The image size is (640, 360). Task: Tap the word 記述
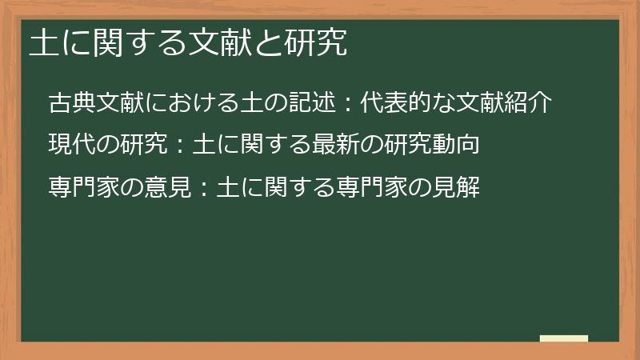pyautogui.click(x=312, y=104)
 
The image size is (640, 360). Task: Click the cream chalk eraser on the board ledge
pyautogui.click(x=564, y=338)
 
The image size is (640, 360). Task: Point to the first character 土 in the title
pyautogui.click(x=42, y=44)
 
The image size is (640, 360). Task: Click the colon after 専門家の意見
pyautogui.click(x=203, y=189)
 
